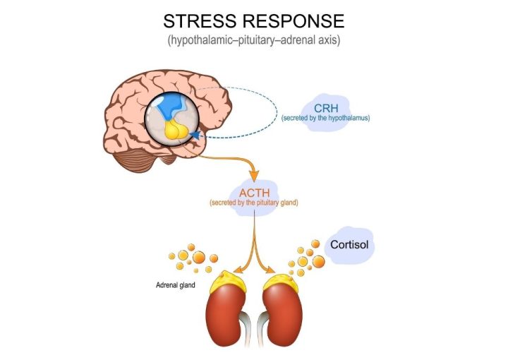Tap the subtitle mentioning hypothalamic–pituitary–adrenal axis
click(254, 40)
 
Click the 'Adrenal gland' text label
click(176, 286)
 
